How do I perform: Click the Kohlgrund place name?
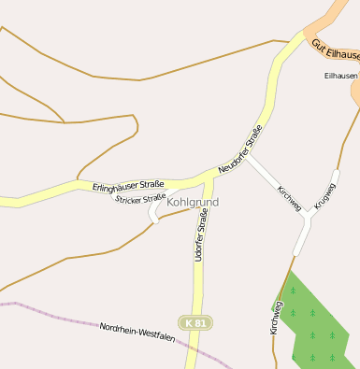193,202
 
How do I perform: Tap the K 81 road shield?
194,322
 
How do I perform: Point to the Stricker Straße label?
140,198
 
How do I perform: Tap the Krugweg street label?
324,195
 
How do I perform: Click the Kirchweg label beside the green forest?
276,316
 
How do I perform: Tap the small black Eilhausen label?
340,76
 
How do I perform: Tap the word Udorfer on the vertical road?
199,248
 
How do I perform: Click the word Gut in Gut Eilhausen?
318,44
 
